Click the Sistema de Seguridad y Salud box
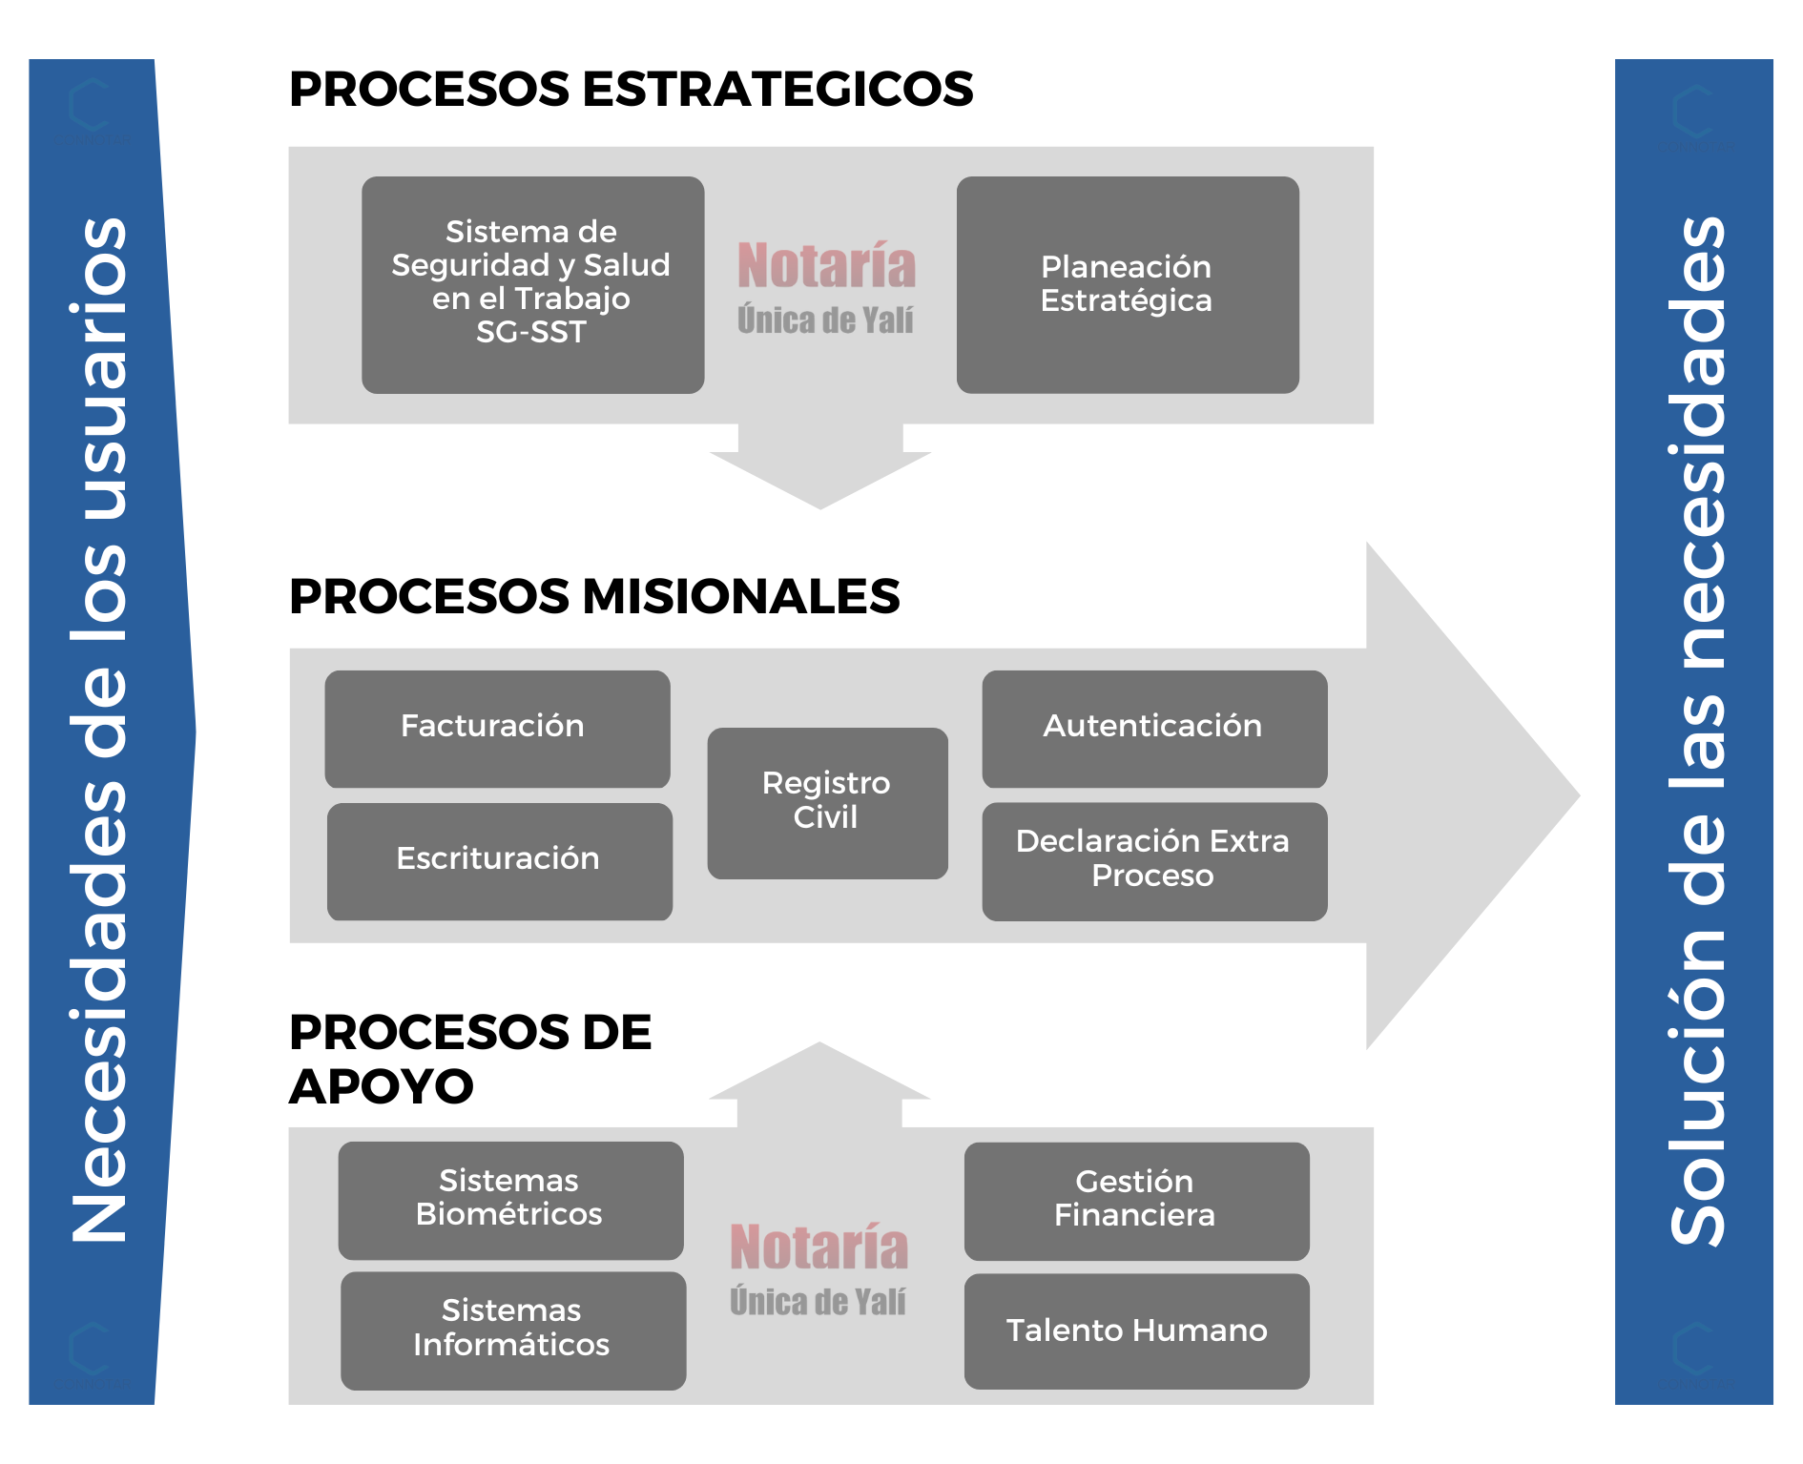(533, 284)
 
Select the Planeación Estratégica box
(1128, 284)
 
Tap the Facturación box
(497, 729)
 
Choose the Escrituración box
(499, 861)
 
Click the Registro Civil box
(827, 803)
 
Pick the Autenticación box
(1154, 729)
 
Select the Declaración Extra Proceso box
(1154, 861)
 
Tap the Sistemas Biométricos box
(510, 1200)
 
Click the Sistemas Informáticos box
(513, 1330)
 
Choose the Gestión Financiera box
(1136, 1201)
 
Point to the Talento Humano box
(1136, 1331)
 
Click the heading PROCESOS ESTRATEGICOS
(631, 89)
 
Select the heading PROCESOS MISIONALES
(594, 596)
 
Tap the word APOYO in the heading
(382, 1086)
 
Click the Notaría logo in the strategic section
(826, 288)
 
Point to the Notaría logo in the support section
(819, 1269)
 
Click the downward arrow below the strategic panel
(820, 465)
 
